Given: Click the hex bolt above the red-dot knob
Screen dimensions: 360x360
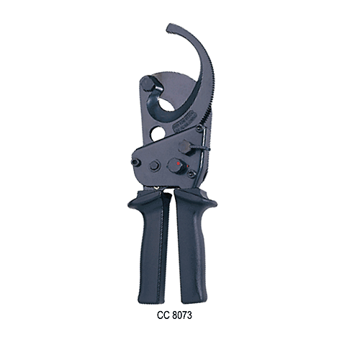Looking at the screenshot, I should [185, 146].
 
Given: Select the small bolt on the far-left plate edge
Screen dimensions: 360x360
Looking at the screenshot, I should [134, 162].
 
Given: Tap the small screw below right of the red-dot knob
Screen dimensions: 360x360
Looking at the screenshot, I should [191, 174].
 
